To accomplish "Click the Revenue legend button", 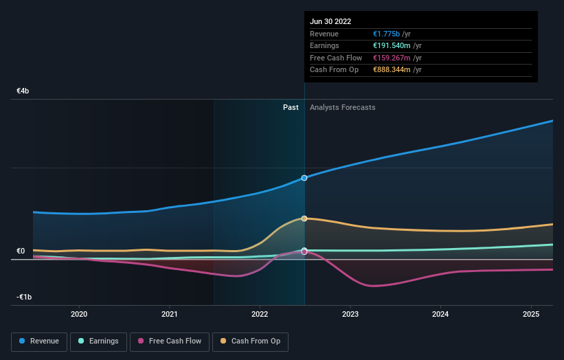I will point(39,341).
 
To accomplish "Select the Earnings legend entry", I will point(98,341).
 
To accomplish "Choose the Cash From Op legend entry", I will point(251,341).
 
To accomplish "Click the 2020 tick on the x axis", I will point(79,314).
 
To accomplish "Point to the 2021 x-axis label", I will point(170,314).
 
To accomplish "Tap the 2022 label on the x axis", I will point(260,314).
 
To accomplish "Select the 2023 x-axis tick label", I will point(350,314).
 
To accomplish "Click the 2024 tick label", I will point(440,314).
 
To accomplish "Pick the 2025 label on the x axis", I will point(531,314).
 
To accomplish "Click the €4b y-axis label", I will point(23,91).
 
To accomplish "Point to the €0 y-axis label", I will point(21,251).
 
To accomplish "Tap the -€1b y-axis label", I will point(25,297).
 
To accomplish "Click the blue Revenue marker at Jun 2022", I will point(304,178).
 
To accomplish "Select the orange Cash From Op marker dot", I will point(304,218).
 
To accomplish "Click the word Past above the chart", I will point(291,107).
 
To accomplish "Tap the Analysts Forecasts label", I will point(343,107).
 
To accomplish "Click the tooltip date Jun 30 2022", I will point(331,22).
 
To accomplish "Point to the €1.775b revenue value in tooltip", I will point(387,34).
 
